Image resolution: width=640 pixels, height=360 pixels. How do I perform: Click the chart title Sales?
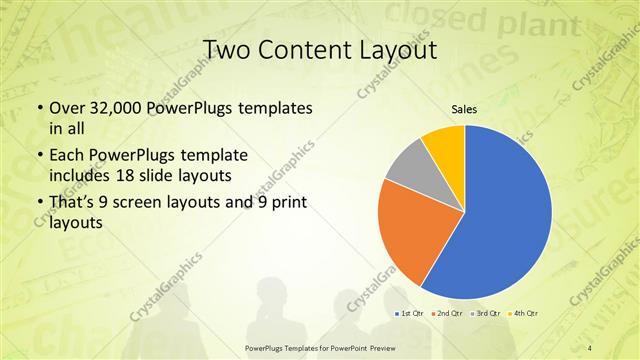point(464,109)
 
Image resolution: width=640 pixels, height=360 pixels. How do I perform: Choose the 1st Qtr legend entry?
point(410,313)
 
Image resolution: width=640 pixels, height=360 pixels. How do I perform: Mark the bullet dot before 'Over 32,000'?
point(39,108)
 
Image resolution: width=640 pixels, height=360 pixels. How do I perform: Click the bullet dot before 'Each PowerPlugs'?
point(39,157)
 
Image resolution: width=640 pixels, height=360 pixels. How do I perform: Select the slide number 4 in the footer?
point(590,347)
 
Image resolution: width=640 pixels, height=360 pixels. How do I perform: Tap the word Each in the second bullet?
point(67,156)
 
